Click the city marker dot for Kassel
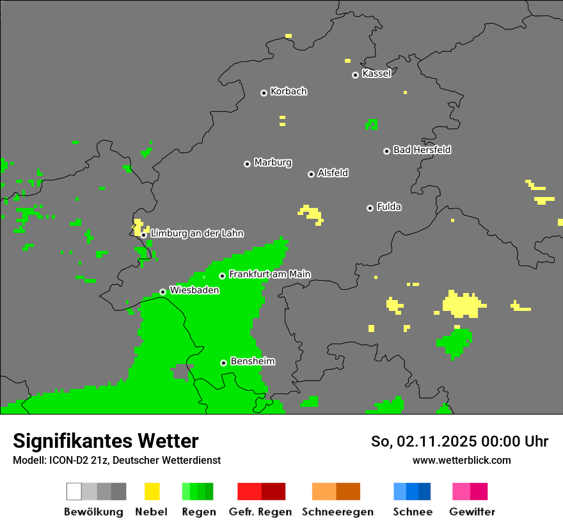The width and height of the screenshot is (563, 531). pyautogui.click(x=355, y=75)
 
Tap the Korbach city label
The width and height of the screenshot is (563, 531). pyautogui.click(x=289, y=91)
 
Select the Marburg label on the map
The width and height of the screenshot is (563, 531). pyautogui.click(x=273, y=162)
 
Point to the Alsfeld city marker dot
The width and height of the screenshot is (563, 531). pyautogui.click(x=311, y=174)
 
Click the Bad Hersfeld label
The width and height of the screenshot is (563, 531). pyautogui.click(x=422, y=150)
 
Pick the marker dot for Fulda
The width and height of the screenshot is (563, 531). pyautogui.click(x=370, y=208)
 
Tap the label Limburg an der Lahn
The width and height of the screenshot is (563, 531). pyautogui.click(x=196, y=234)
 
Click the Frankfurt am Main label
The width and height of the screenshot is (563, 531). pyautogui.click(x=269, y=274)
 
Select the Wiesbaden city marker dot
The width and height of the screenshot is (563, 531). pyautogui.click(x=163, y=292)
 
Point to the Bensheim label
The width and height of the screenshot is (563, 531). pyautogui.click(x=252, y=361)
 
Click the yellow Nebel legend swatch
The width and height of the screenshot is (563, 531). pyautogui.click(x=152, y=491)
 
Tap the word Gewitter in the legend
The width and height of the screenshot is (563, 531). pyautogui.click(x=472, y=512)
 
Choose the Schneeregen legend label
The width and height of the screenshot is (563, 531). pyautogui.click(x=337, y=512)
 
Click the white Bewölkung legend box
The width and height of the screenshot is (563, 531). pyautogui.click(x=74, y=491)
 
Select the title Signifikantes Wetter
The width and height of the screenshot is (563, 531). pyautogui.click(x=106, y=441)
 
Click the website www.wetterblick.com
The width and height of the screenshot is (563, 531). pyautogui.click(x=461, y=460)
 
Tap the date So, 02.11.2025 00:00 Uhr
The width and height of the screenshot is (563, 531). pyautogui.click(x=459, y=441)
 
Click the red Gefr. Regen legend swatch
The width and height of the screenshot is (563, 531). pyautogui.click(x=249, y=491)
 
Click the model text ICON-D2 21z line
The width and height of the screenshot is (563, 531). pyautogui.click(x=116, y=460)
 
